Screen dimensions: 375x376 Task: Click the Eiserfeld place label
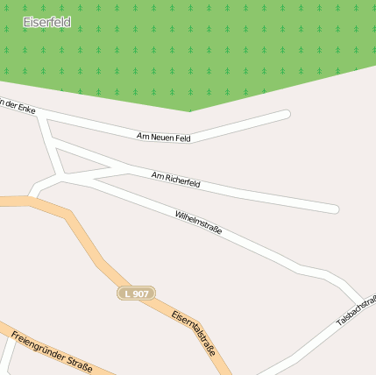pos(47,22)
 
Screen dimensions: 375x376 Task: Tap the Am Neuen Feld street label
pos(164,136)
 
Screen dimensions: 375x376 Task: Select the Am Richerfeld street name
pos(176,180)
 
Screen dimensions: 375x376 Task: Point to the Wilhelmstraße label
pos(199,223)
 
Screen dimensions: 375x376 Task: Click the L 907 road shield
pos(136,293)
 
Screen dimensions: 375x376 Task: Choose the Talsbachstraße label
pos(357,311)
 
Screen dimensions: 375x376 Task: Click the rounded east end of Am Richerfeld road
pos(334,209)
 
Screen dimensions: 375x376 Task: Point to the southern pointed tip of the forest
pos(190,110)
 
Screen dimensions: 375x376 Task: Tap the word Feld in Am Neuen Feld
pos(181,137)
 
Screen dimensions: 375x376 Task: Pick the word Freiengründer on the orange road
pos(39,345)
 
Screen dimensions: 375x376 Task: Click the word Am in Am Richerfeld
pos(157,176)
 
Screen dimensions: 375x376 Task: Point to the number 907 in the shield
pos(141,293)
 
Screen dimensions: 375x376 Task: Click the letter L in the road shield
pos(128,293)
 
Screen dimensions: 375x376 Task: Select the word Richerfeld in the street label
pos(182,181)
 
